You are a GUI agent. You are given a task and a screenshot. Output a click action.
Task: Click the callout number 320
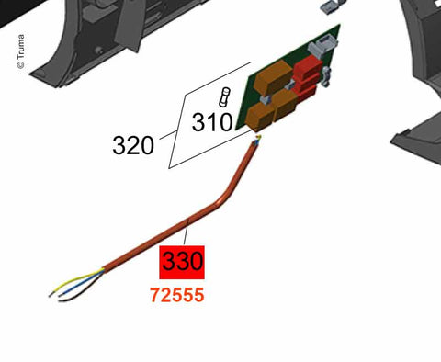click(132, 144)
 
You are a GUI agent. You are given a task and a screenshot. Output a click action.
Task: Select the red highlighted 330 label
click(182, 262)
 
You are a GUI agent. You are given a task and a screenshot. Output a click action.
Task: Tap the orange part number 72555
click(176, 297)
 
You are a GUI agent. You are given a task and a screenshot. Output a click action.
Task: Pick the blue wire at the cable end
click(69, 286)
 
